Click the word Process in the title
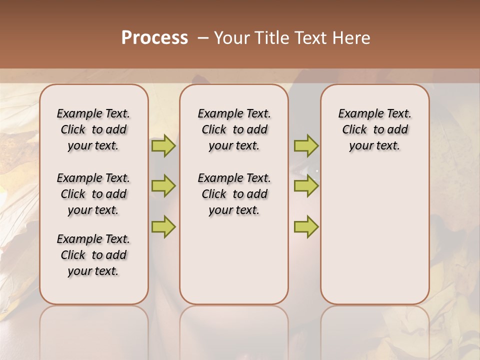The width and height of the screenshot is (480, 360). pos(154,38)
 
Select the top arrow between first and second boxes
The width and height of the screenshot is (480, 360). pos(163,146)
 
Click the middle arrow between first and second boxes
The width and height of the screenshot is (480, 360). pos(163,186)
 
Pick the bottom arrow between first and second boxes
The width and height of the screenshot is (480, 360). pos(163,226)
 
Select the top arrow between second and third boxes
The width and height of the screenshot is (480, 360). pos(306,146)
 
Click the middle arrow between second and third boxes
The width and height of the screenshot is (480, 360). pos(306,186)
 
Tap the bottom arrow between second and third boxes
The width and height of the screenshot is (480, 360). pos(306,226)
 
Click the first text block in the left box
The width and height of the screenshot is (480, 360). pos(93,129)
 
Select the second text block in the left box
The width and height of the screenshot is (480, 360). pos(93,194)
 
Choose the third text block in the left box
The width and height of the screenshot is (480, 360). pos(93,255)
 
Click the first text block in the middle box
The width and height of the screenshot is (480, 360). pos(234,129)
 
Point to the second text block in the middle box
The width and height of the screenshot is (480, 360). pos(234,194)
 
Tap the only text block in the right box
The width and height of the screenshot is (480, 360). pos(374,129)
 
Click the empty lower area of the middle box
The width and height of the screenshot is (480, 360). pos(234,260)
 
